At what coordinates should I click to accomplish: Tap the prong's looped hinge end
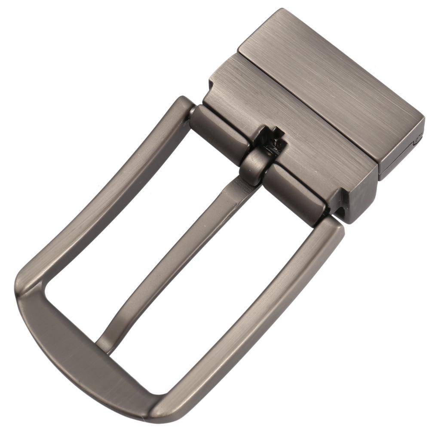pos(254,165)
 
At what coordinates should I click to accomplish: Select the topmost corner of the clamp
pos(284,10)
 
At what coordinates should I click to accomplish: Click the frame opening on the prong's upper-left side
pos(129,241)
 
